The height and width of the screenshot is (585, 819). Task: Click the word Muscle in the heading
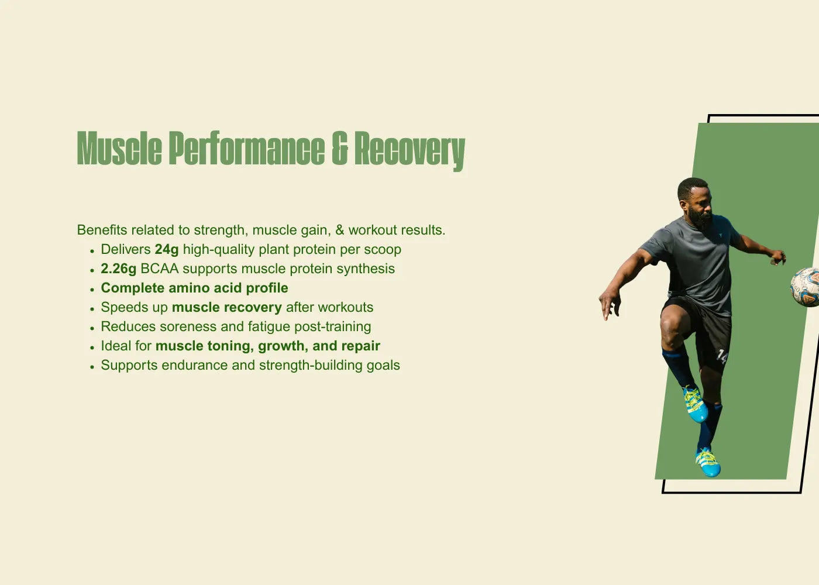click(119, 148)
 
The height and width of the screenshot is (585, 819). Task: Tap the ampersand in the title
click(340, 148)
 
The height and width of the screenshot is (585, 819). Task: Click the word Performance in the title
click(247, 148)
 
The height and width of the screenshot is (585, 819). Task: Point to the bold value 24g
click(167, 250)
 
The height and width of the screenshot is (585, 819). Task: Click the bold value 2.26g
click(118, 269)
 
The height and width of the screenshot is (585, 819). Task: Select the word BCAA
click(159, 269)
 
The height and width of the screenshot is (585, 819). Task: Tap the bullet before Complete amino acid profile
click(92, 289)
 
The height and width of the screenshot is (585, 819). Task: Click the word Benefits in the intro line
click(102, 230)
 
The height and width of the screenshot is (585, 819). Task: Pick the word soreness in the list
click(188, 326)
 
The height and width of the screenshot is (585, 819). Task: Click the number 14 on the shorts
click(722, 356)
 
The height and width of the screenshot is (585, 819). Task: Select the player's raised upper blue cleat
click(694, 404)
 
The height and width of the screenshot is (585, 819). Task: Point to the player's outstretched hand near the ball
click(777, 257)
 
